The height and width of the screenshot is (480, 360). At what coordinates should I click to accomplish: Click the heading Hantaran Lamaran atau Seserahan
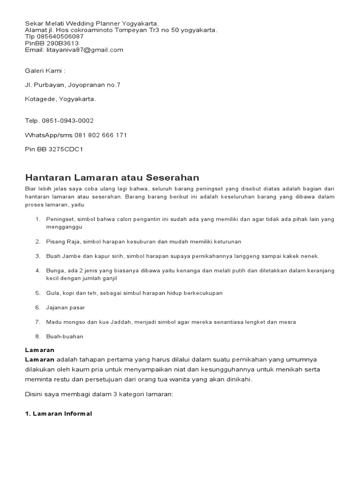[x=112, y=178]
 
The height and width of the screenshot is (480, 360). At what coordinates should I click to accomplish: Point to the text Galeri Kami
[x=45, y=71]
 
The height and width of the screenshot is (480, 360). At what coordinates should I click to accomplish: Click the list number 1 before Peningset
[x=37, y=219]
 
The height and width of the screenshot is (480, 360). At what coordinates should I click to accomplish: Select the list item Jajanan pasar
[x=66, y=307]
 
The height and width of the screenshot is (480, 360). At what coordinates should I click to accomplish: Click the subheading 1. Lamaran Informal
[x=58, y=414]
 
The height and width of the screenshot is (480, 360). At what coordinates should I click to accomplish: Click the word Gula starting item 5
[x=52, y=293]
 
